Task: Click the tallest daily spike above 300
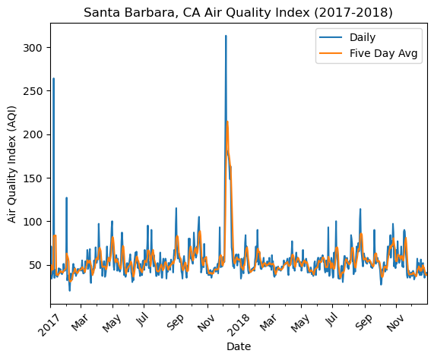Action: [x=226, y=36]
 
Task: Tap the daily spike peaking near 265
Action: [x=53, y=78]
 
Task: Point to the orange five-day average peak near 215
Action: [x=227, y=122]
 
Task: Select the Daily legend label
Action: [x=363, y=37]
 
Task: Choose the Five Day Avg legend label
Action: [x=383, y=53]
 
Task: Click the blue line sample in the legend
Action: [x=331, y=37]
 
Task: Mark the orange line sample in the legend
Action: [x=331, y=53]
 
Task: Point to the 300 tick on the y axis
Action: [x=33, y=48]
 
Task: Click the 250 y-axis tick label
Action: [x=33, y=91]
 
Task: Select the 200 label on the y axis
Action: [x=33, y=134]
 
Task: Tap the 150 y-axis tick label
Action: [x=33, y=178]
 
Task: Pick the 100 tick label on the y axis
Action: [x=33, y=222]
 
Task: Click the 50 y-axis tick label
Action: [x=36, y=265]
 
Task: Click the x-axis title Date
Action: [x=239, y=346]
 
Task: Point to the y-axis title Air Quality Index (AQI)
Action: [x=12, y=164]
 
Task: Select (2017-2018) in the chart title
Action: [x=353, y=13]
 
